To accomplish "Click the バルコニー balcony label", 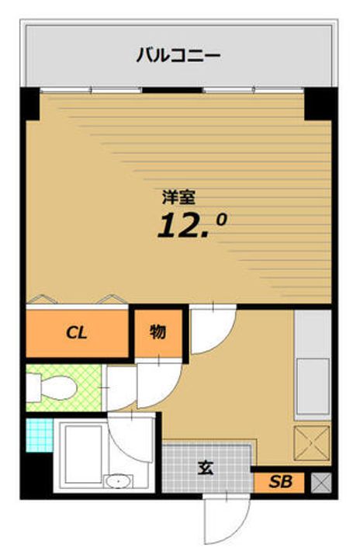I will coord(178,55).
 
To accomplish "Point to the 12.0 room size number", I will coord(192,224).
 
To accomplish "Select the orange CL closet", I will coord(76,334).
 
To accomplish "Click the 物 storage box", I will coord(157,333).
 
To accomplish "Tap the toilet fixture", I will coord(50,385).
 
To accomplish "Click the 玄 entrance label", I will coord(206,468).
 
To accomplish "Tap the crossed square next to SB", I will coord(320,482).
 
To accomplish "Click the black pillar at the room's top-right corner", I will coord(317,104).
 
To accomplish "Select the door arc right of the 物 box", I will coord(211,329).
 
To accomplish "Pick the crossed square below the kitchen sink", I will coord(312,443).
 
